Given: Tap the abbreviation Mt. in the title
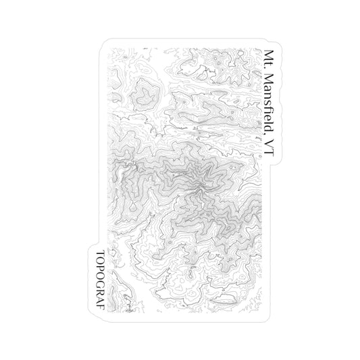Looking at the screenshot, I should pyautogui.click(x=270, y=59).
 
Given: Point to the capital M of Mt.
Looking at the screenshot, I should pyautogui.click(x=270, y=55).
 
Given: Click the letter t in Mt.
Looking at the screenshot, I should pyautogui.click(x=270, y=64).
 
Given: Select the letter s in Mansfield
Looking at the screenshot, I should pyautogui.click(x=270, y=104).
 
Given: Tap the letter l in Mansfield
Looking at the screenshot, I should pyautogui.click(x=270, y=122).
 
